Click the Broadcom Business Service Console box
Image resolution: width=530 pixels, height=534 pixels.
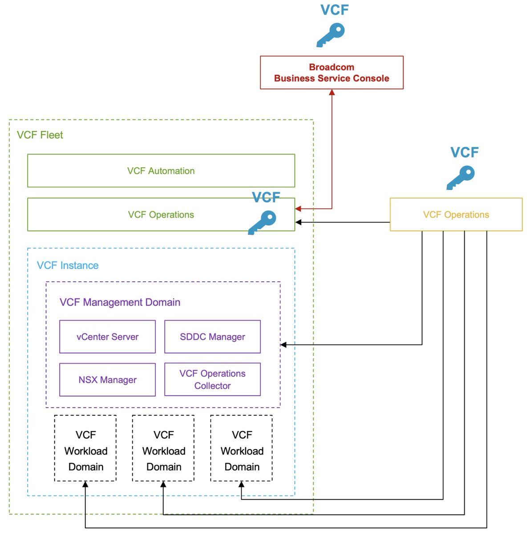332,73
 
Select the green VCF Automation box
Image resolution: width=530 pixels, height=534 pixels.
161,171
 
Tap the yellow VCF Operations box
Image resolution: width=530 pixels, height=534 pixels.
456,214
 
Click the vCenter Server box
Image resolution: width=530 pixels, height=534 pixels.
107,337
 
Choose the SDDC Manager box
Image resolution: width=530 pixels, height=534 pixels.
212,337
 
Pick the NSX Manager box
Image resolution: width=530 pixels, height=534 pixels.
107,380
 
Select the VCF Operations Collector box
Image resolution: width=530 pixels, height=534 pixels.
212,380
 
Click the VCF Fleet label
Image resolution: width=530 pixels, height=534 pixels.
40,135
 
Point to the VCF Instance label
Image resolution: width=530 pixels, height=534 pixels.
68,266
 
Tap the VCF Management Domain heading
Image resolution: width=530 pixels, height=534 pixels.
120,303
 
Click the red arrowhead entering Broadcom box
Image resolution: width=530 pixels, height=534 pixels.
332,93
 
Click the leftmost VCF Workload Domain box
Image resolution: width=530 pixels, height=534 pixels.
85,448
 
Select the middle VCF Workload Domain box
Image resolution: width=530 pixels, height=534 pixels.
163,448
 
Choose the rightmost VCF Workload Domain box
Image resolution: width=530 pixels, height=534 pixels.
241,448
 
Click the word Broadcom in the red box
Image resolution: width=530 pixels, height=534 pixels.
332,67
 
